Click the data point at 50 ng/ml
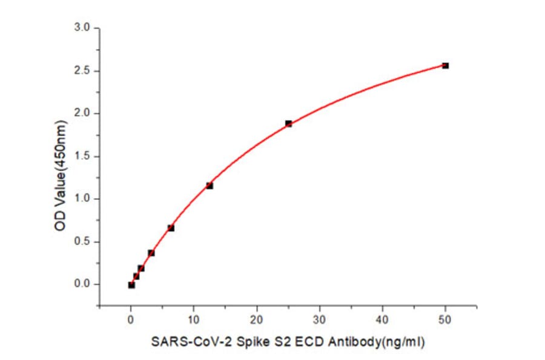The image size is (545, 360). [445, 65]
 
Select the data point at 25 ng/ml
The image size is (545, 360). [288, 124]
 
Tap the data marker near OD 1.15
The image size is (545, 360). [210, 185]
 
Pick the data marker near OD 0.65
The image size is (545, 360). [171, 228]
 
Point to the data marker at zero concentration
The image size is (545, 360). [131, 285]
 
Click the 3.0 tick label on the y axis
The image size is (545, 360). [82, 28]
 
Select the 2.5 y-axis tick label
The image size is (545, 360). [82, 71]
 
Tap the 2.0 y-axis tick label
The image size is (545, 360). [82, 113]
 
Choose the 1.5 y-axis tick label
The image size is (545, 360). [82, 156]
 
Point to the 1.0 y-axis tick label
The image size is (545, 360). [82, 199]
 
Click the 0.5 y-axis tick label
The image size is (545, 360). [82, 242]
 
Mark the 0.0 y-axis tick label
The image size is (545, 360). [82, 284]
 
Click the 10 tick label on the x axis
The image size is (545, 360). [194, 319]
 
